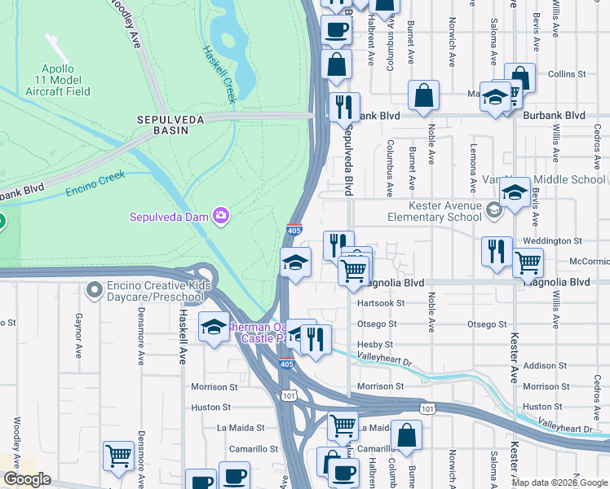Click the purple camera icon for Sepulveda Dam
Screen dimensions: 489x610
[x=220, y=216]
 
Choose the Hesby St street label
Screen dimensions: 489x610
[x=376, y=345]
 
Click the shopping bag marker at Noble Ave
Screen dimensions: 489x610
[x=424, y=95]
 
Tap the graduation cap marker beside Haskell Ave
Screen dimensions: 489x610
[x=214, y=328]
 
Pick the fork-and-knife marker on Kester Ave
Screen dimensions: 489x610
[x=497, y=252]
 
